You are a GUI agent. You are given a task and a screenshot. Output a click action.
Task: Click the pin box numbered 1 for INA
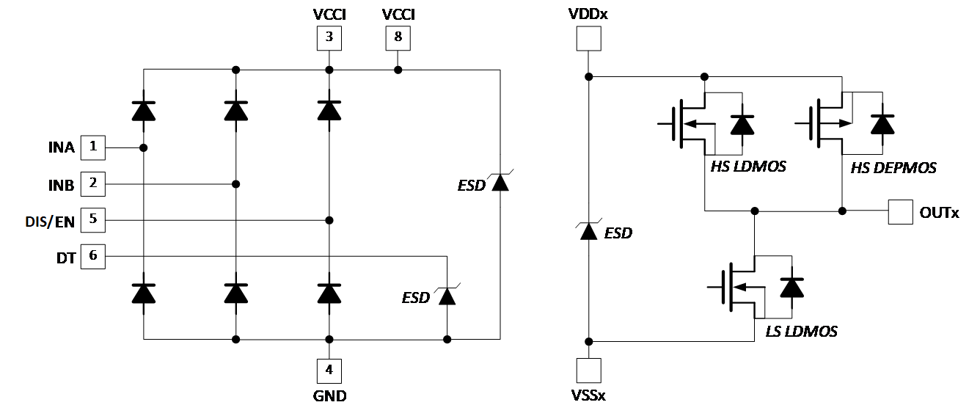[93, 147]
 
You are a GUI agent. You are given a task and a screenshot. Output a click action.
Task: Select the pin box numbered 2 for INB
[93, 183]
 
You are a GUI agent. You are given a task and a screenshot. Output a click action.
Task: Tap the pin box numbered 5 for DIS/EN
[93, 219]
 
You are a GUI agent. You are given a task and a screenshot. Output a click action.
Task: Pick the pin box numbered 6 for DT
[93, 256]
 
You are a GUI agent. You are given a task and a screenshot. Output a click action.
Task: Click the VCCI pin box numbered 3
[329, 38]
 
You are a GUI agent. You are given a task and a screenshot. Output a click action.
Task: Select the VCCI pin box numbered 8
[398, 38]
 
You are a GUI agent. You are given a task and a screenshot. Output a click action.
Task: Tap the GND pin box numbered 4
[329, 371]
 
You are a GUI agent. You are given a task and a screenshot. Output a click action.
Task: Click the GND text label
[329, 396]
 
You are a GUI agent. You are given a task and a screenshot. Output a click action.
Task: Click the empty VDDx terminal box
[588, 38]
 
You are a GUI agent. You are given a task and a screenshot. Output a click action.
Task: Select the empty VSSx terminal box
[588, 371]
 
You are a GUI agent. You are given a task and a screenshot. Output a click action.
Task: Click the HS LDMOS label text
[747, 167]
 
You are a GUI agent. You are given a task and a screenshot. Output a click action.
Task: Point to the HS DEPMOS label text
[893, 168]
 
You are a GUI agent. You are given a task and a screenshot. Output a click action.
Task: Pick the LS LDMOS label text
[801, 332]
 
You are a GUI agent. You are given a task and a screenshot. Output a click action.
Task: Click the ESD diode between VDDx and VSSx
[588, 231]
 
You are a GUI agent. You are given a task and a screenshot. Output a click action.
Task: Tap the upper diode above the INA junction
[144, 111]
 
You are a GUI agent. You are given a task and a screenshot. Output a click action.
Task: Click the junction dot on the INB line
[235, 183]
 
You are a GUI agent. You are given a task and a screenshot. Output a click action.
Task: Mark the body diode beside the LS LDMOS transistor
[791, 288]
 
